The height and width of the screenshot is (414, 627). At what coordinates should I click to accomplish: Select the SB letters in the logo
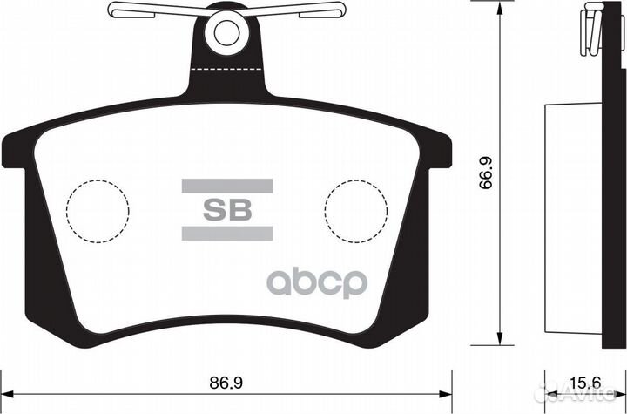tap(226, 209)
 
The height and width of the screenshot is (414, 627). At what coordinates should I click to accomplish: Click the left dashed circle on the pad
tap(98, 210)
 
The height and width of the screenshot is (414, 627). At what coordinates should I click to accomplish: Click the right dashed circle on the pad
tap(355, 210)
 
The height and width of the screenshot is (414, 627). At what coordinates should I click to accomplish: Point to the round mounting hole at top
tap(226, 31)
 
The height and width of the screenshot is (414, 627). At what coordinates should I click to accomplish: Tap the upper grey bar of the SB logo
tap(226, 186)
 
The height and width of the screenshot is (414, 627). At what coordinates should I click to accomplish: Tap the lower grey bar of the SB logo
tap(226, 233)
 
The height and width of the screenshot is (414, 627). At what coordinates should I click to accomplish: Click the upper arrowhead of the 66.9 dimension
tap(498, 8)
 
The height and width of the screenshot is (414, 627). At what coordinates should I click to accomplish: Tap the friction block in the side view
tap(573, 218)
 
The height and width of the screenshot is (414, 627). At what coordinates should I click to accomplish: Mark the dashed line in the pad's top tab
tap(226, 68)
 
